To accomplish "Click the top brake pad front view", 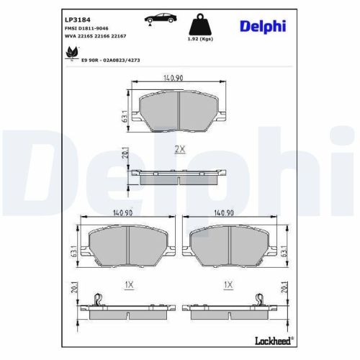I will point(179,108).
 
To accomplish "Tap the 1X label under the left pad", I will point(129,284).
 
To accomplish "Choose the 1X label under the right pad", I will point(228,284).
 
